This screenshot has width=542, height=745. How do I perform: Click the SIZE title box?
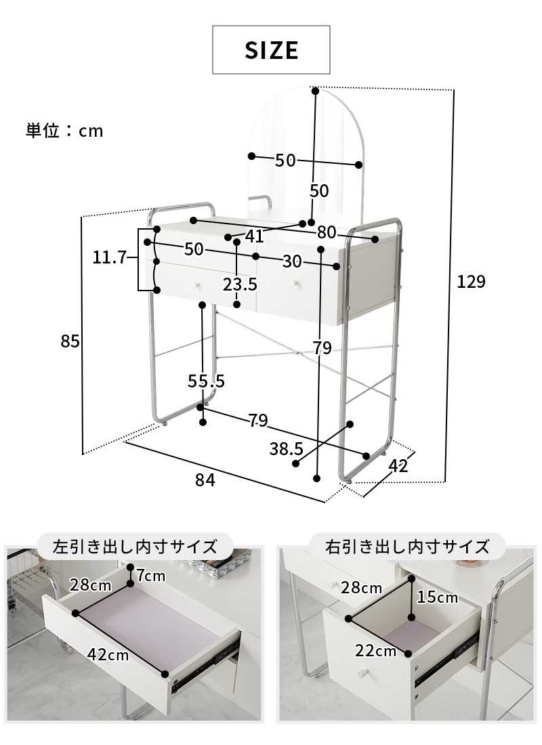tap(271, 49)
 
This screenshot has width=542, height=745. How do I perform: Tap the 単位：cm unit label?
tap(64, 131)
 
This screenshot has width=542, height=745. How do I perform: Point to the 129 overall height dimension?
tap(471, 282)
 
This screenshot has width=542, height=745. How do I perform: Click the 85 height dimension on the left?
tap(70, 342)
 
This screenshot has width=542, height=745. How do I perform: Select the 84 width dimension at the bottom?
tap(205, 480)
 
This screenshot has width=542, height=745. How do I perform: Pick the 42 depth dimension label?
tap(398, 465)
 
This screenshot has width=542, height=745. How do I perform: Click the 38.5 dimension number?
tap(286, 448)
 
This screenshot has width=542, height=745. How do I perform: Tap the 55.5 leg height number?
tap(206, 381)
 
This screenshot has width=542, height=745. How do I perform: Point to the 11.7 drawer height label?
tap(110, 257)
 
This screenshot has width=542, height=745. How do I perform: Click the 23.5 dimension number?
tap(240, 284)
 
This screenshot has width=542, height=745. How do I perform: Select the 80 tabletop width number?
tap(327, 233)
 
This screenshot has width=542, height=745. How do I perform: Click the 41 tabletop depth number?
tap(254, 236)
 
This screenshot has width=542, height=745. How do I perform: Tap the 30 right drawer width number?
tap(293, 261)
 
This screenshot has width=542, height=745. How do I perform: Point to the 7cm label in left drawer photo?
tap(150, 576)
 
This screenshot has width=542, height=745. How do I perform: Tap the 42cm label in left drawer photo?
tap(108, 654)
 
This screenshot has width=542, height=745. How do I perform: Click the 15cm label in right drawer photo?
tap(438, 597)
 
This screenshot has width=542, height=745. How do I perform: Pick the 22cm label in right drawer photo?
tap(375, 651)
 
